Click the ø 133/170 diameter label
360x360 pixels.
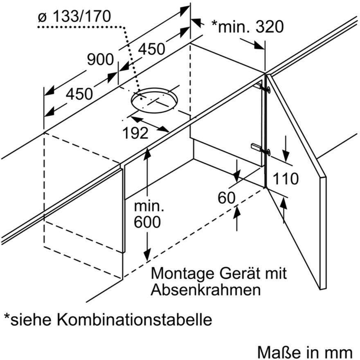(x=74, y=16)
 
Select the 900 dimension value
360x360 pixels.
(x=100, y=59)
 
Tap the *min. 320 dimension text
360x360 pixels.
(x=248, y=27)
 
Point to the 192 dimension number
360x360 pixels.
(x=135, y=133)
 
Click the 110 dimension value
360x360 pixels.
(x=286, y=179)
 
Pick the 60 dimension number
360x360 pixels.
(x=227, y=198)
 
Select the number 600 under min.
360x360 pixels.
(x=147, y=222)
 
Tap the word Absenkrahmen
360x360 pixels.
(x=206, y=290)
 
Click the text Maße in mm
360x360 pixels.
(x=305, y=352)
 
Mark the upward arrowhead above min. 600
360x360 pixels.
(x=147, y=153)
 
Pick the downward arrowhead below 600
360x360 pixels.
(x=147, y=255)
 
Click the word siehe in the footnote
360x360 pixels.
(x=30, y=319)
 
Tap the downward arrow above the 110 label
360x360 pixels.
(x=286, y=149)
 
